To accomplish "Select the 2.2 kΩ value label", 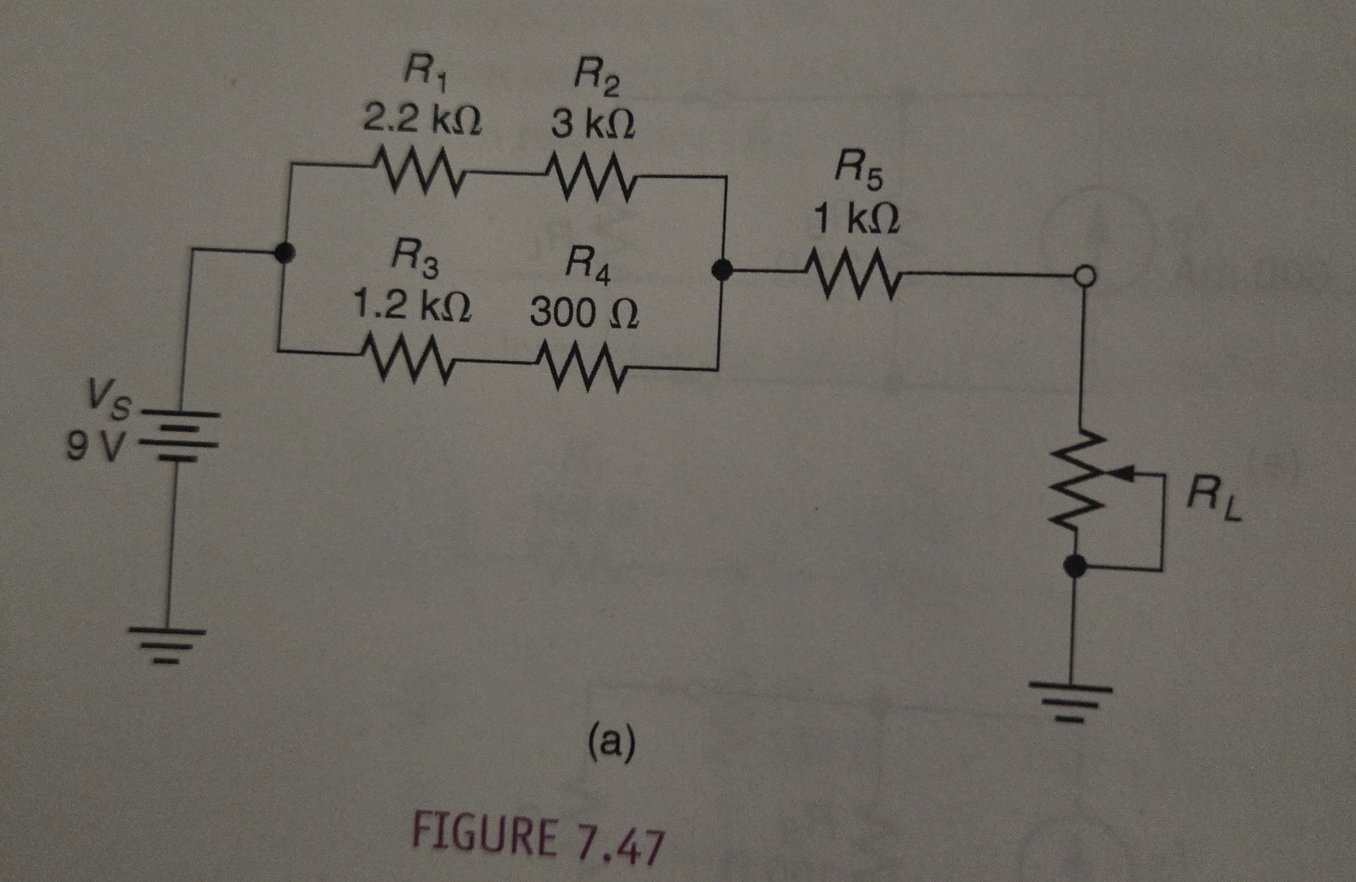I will coord(422,120).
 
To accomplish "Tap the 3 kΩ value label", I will coord(593,125).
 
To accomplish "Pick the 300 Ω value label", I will coord(584,313).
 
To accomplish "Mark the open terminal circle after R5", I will coord(1083,278).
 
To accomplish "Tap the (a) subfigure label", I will coord(611,742).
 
